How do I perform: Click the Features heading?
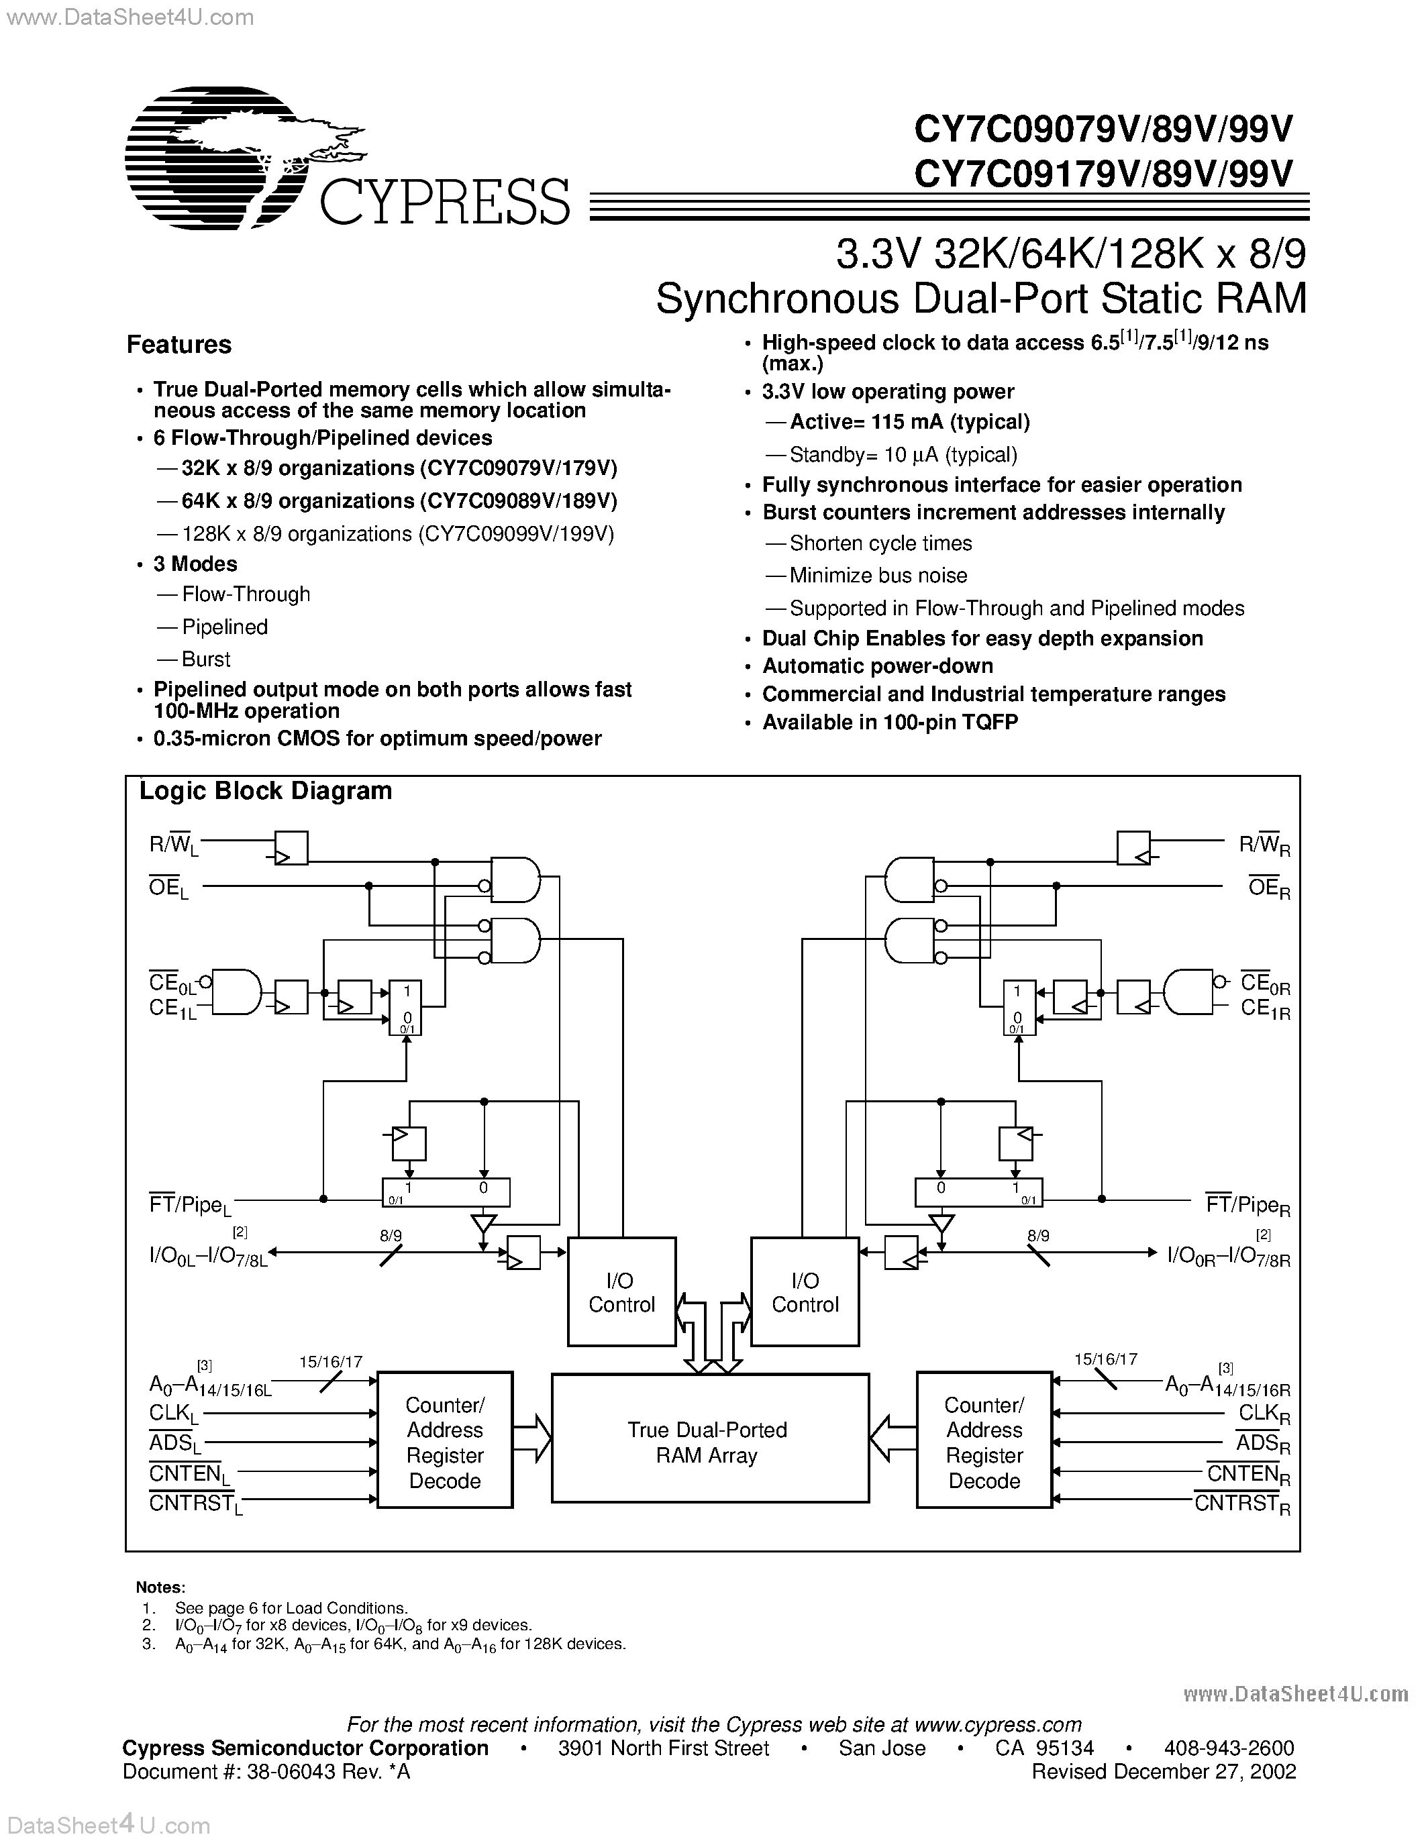179,345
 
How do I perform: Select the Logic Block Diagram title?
265,791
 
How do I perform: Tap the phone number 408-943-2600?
1228,1748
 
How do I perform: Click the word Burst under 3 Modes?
206,659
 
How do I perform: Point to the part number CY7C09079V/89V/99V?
1103,129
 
